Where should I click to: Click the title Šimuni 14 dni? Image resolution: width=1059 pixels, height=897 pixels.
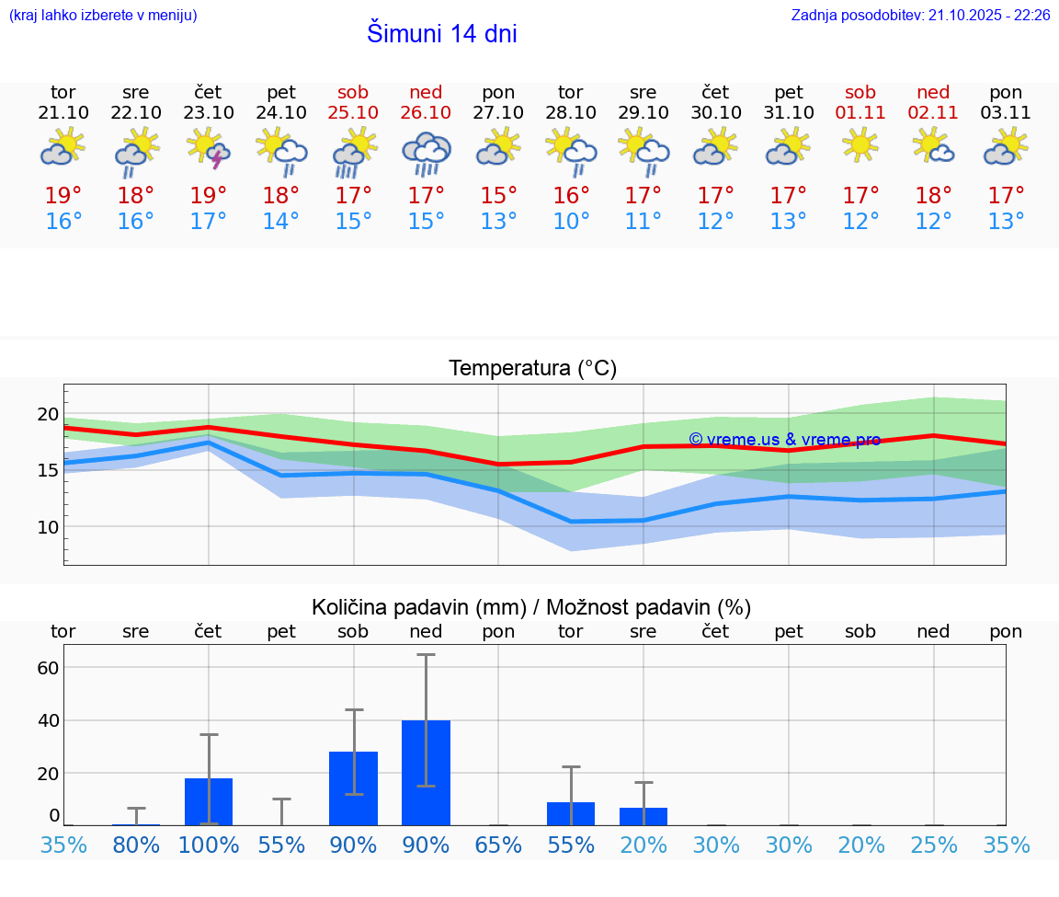click(x=441, y=34)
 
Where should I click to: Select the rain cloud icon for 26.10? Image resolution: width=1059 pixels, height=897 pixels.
click(x=426, y=152)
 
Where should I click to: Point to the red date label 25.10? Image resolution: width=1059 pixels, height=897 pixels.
click(x=353, y=113)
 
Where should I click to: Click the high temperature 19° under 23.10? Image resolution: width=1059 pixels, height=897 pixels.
click(x=209, y=195)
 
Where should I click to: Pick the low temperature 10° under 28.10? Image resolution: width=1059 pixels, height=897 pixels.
click(x=571, y=221)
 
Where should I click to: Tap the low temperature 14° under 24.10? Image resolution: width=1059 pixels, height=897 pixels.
click(x=280, y=221)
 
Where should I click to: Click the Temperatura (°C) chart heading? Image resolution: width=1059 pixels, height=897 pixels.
click(x=532, y=369)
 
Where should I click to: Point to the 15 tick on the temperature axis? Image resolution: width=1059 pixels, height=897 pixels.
click(x=47, y=470)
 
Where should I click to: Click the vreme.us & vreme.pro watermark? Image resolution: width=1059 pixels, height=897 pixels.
click(x=784, y=440)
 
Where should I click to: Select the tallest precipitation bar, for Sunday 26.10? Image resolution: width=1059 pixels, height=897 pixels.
click(x=426, y=773)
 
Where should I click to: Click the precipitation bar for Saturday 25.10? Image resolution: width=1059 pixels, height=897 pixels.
click(x=353, y=788)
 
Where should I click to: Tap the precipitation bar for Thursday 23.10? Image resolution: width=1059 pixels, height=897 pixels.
click(x=209, y=801)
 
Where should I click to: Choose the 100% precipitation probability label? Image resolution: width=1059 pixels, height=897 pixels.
click(x=209, y=845)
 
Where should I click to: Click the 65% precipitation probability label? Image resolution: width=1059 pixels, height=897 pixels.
click(x=498, y=845)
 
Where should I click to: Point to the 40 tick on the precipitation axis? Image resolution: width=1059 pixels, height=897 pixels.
click(x=48, y=720)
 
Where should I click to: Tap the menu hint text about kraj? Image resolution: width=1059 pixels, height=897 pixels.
click(x=102, y=16)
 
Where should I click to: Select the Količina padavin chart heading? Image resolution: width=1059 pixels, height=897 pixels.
click(x=531, y=607)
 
